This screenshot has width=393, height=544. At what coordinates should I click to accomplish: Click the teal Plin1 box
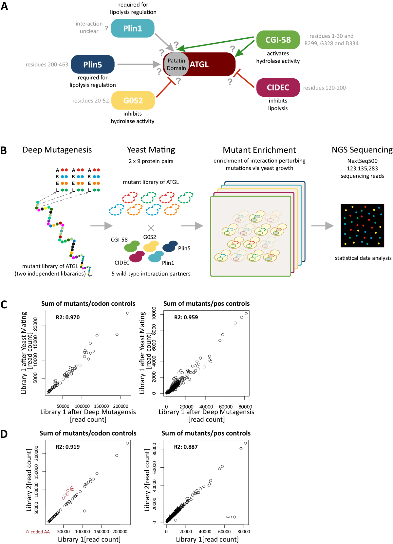pyautogui.click(x=133, y=28)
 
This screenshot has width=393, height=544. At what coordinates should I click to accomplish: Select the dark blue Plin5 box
pyautogui.click(x=93, y=64)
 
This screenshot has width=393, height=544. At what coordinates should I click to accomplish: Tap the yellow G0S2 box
pyautogui.click(x=133, y=100)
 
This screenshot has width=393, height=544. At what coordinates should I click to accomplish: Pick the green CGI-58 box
pyautogui.click(x=278, y=40)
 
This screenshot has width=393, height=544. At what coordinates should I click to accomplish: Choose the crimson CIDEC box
pyautogui.click(x=278, y=87)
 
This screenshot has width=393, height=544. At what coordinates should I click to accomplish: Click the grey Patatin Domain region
pyautogui.click(x=176, y=64)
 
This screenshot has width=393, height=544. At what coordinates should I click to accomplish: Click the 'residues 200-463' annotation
pyautogui.click(x=47, y=65)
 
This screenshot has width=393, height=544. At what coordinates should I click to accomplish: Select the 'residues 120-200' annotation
pyautogui.click(x=324, y=88)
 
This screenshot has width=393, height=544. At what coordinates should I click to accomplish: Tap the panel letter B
pyautogui.click(x=4, y=150)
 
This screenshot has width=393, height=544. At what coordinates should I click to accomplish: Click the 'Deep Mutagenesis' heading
pyautogui.click(x=57, y=150)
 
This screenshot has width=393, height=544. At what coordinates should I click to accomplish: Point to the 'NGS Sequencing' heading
pyautogui.click(x=362, y=150)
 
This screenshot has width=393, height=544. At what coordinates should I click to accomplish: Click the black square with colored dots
pyautogui.click(x=362, y=225)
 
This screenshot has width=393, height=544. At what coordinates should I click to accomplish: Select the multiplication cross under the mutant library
pyautogui.click(x=151, y=228)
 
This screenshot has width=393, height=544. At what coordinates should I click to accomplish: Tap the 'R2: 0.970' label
pyautogui.click(x=68, y=317)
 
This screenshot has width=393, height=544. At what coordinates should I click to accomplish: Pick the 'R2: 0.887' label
pyautogui.click(x=186, y=447)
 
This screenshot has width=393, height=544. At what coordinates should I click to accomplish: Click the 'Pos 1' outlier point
pyautogui.click(x=234, y=517)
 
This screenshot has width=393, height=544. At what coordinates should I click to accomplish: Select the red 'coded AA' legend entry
pyautogui.click(x=38, y=532)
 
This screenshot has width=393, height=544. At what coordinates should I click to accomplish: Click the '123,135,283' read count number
pyautogui.click(x=362, y=168)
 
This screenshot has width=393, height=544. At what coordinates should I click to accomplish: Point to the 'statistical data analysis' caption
pyautogui.click(x=363, y=258)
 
